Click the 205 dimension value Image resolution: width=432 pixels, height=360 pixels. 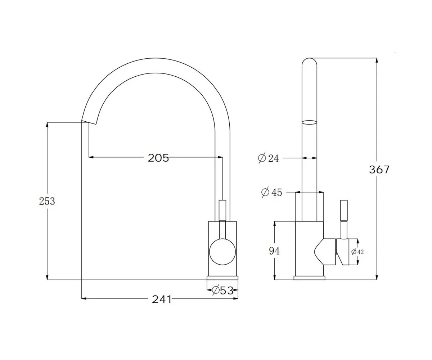(158, 158)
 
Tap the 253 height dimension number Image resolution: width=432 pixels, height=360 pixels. (47, 201)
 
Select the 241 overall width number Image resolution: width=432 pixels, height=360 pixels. (162, 300)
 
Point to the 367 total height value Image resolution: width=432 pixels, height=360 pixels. (379, 170)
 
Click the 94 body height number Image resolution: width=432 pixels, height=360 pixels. (274, 251)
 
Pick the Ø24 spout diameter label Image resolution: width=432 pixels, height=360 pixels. (268, 158)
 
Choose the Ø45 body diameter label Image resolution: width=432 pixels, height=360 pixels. (271, 192)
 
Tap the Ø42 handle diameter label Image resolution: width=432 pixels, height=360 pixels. (357, 252)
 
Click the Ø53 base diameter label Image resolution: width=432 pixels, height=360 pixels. (222, 290)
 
